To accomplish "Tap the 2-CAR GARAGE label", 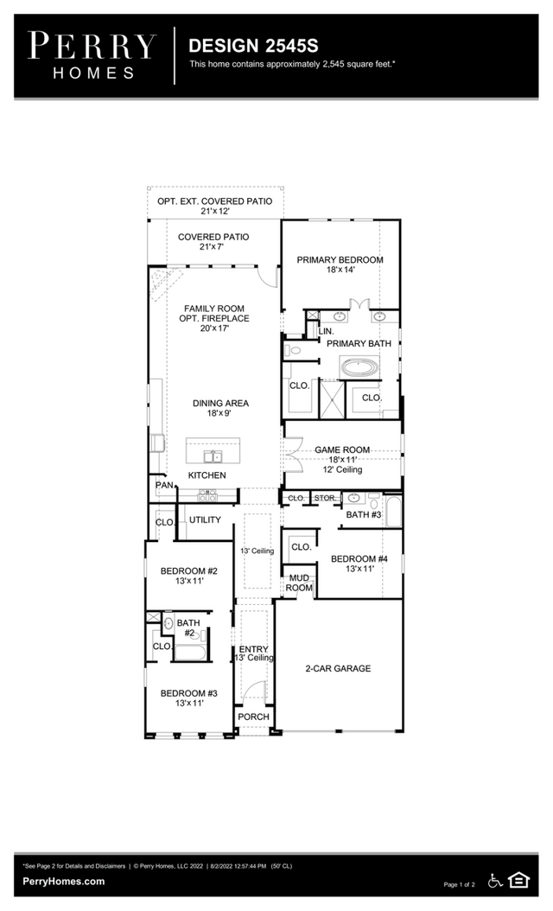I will coord(338,668).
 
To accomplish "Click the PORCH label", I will coord(254,717).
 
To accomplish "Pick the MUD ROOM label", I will coord(299,583).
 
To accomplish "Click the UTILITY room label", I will coord(205,520).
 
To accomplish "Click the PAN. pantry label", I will coord(164,486).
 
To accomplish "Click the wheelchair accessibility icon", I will coord(495,881).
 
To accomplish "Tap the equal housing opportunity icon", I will coord(518,881).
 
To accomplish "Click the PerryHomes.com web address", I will coord(65,882).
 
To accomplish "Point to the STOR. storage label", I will coord(323,499).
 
